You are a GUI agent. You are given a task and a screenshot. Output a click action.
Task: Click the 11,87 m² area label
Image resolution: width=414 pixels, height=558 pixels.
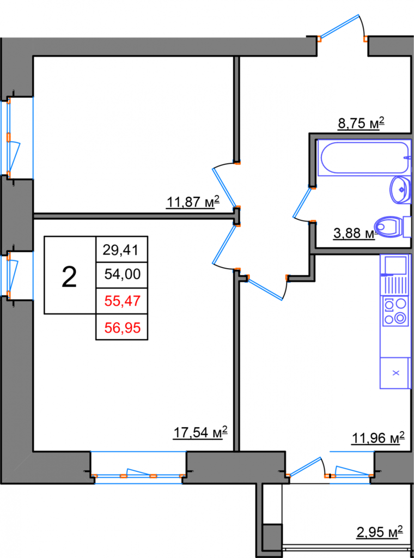tap(192, 202)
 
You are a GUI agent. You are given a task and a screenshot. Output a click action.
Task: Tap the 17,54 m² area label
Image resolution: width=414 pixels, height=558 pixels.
tap(200, 433)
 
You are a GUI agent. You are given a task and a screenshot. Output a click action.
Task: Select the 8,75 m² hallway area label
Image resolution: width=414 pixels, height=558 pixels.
tap(361, 124)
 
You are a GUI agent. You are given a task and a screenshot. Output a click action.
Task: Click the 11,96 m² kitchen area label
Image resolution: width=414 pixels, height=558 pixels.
tap(378, 438)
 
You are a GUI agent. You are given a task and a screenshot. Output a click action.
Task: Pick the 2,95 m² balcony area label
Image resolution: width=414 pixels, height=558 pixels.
tap(380, 532)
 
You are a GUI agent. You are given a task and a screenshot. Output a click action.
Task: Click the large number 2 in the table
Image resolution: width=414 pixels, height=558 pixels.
tap(69, 277)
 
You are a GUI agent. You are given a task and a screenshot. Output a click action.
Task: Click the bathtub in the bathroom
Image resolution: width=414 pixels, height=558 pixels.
tap(364, 158)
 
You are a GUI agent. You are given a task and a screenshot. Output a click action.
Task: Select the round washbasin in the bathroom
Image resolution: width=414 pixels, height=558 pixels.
tap(401, 190)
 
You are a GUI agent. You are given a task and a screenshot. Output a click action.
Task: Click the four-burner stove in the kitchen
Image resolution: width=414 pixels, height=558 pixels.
tap(394, 312)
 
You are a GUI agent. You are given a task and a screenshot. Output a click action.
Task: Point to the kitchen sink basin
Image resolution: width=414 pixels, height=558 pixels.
tap(394, 265)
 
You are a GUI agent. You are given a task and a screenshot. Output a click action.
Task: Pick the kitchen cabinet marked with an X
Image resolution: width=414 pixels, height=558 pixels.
tap(395, 373)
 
